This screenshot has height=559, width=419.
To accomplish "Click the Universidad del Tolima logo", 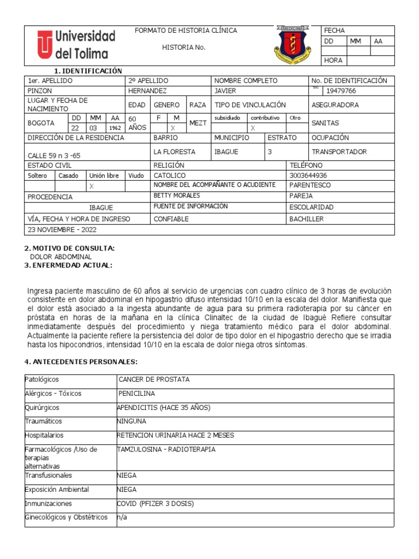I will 76,45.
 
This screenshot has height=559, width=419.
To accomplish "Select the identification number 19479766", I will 342,91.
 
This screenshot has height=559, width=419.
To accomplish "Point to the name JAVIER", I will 225,91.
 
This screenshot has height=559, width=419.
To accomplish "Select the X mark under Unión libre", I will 92,186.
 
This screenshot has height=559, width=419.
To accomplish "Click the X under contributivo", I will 253,127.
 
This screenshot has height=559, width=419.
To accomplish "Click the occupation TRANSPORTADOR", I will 339,152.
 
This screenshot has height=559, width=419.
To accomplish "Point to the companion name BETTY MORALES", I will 177,195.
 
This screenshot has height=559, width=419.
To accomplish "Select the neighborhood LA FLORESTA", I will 174,152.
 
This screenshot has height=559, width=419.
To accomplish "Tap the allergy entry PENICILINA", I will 136,393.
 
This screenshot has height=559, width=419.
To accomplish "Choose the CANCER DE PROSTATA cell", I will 154,379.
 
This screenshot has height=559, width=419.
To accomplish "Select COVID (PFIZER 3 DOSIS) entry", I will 155,504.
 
